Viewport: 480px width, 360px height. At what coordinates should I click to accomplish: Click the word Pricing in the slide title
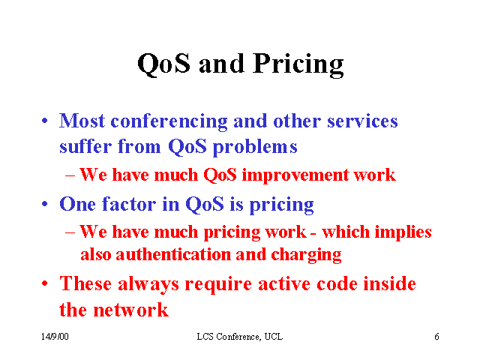coord(298,65)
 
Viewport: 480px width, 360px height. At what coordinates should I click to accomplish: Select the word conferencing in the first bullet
coord(169,121)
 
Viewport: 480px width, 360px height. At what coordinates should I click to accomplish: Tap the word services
coord(362,121)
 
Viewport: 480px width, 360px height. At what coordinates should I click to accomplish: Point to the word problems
coord(255,147)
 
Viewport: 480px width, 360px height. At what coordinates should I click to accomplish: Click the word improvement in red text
coord(295,175)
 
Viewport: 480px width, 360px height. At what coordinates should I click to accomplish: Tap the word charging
coord(306,255)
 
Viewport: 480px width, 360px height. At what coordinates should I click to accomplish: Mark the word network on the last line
coord(130,310)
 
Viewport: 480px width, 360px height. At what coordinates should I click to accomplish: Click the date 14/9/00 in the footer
coord(55,337)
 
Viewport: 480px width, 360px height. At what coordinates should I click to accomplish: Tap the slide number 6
coord(436,337)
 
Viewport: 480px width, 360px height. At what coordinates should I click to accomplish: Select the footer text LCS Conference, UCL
coord(240,337)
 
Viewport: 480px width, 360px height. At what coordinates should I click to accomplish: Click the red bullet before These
coord(45,283)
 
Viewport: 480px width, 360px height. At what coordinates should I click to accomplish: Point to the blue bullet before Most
coord(45,121)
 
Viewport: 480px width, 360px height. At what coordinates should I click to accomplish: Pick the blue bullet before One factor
coord(45,204)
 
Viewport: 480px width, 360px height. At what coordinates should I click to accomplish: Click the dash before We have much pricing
coord(70,232)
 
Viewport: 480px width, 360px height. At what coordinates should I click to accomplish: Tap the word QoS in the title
coord(163,64)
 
